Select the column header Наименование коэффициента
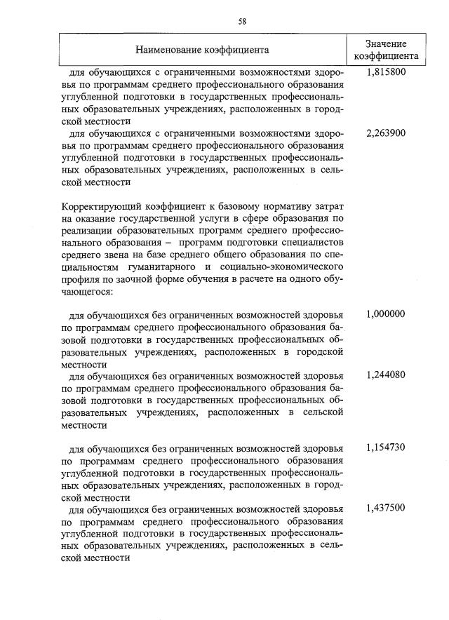(202, 50)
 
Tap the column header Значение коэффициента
(386, 50)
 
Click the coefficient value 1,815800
(386, 72)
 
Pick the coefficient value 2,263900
(386, 133)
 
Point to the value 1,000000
(386, 314)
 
